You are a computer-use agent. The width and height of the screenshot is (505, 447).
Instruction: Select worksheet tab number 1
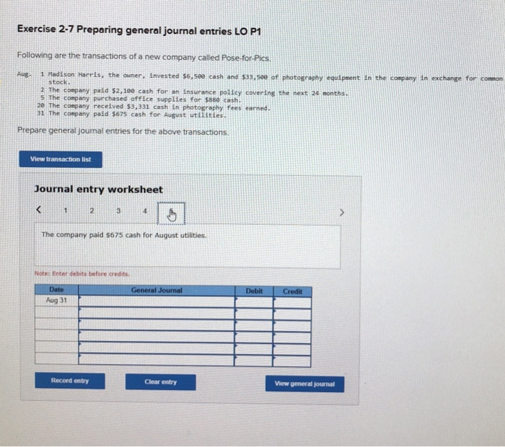(x=65, y=212)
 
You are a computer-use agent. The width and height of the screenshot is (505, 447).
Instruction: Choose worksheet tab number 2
(x=92, y=212)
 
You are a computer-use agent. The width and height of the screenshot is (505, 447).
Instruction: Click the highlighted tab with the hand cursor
(x=170, y=213)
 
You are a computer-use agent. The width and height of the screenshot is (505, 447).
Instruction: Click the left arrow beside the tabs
(x=41, y=212)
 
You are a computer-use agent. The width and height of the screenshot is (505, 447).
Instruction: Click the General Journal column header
(x=157, y=291)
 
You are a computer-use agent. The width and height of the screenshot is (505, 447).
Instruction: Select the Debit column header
(x=254, y=291)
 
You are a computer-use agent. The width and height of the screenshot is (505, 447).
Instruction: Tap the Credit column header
(x=292, y=291)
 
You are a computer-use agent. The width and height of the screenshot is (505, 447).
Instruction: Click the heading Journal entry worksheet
(x=99, y=189)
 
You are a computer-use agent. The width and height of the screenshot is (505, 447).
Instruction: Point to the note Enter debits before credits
(x=82, y=274)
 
